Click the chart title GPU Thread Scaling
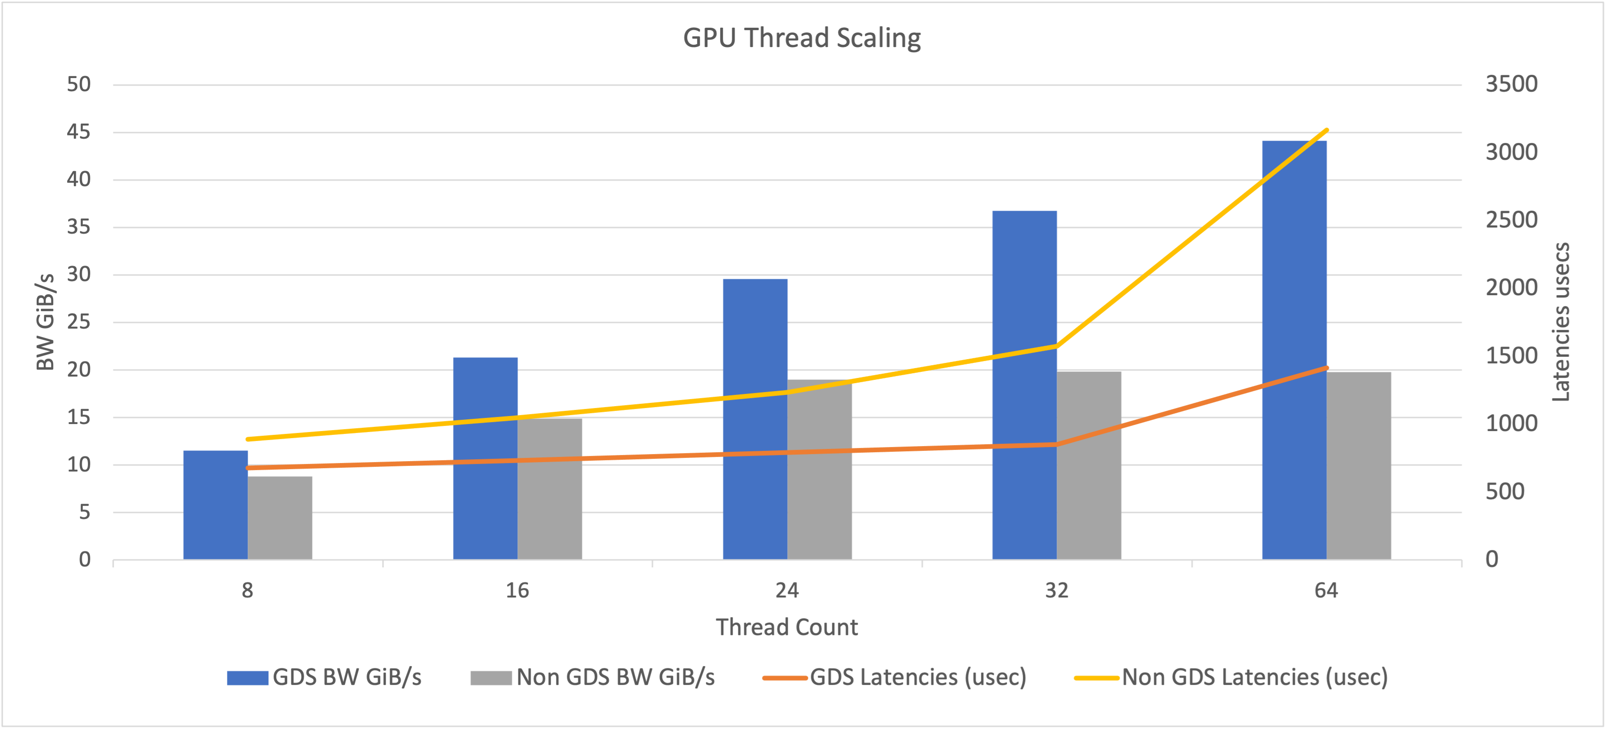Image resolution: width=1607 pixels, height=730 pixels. tap(802, 38)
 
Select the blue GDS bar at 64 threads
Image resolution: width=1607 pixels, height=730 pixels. tap(1294, 349)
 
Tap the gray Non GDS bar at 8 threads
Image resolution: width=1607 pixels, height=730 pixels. tap(280, 518)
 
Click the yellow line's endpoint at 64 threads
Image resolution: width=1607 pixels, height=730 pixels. tap(1326, 130)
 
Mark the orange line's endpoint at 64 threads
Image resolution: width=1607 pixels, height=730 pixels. tap(1326, 368)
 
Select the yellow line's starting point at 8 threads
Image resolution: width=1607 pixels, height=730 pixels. tap(248, 439)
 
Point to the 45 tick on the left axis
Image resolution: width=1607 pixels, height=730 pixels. tap(78, 132)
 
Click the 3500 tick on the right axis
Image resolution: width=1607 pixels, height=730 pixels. tap(1511, 84)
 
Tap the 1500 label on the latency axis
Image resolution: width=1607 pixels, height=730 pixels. tap(1511, 356)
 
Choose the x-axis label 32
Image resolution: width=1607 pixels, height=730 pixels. tap(1057, 590)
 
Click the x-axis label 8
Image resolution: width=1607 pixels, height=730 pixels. tap(248, 590)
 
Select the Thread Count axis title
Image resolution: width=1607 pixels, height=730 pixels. tap(787, 627)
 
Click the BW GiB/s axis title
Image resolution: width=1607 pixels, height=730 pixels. tap(46, 322)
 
